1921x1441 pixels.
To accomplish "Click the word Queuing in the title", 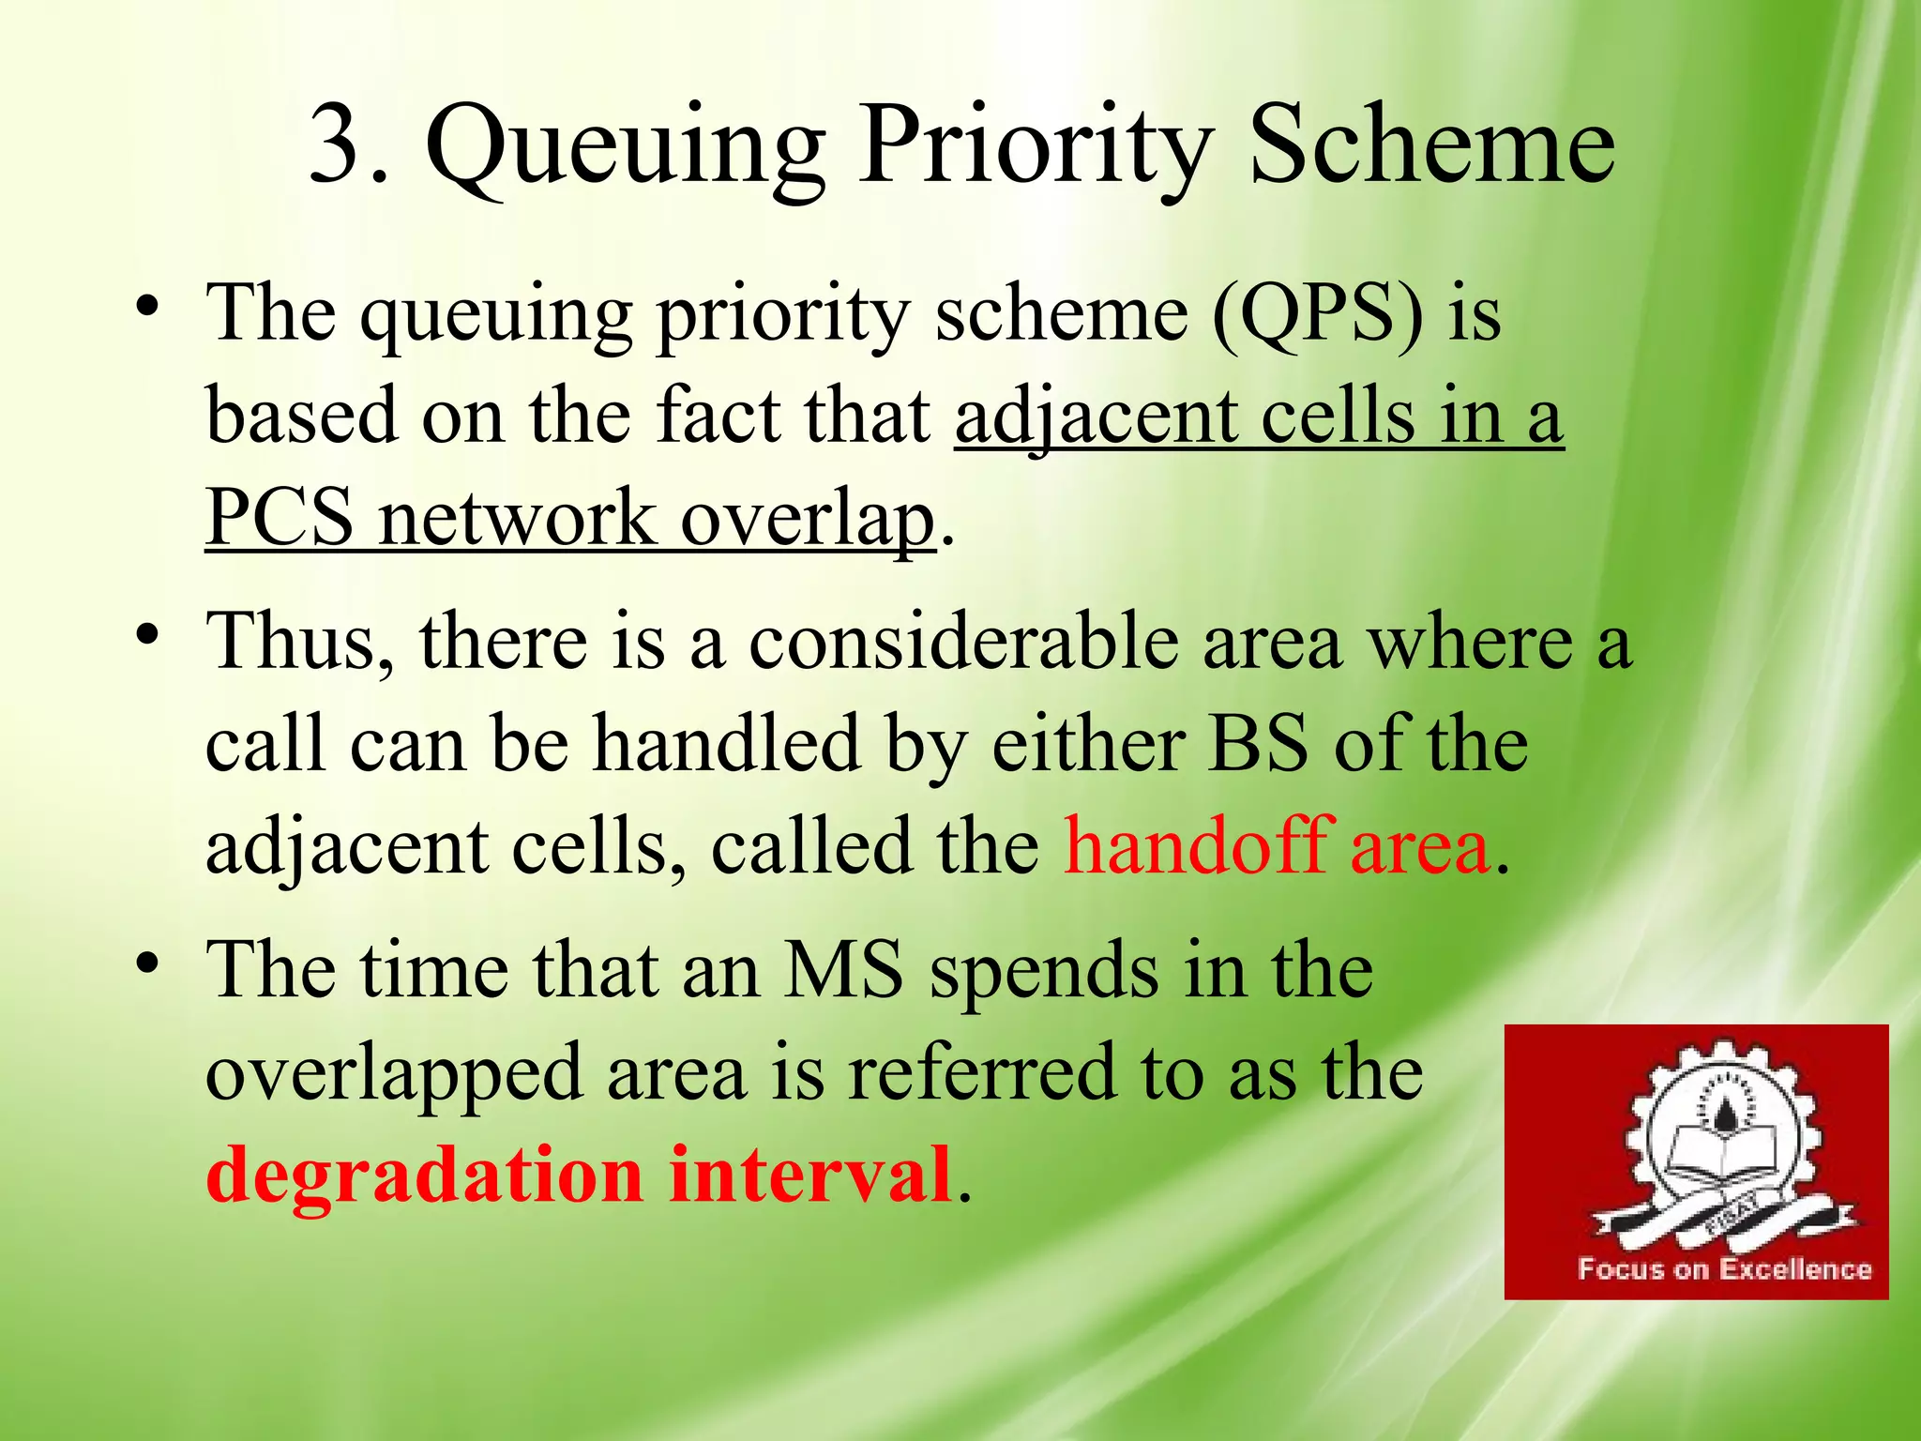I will (624, 150).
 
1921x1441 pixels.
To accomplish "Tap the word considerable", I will (962, 643).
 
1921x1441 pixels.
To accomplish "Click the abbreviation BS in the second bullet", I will (1258, 745).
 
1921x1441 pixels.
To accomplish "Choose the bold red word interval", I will (810, 1175).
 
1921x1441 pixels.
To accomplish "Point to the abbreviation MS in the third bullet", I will (843, 971).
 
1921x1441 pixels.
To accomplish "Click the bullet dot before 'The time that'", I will (147, 963).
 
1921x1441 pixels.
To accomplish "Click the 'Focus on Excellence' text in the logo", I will (1724, 1269).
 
